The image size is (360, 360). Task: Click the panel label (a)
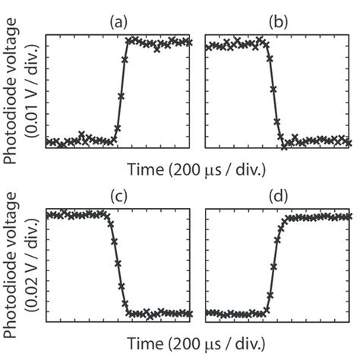[120, 24]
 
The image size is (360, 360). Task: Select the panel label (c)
[120, 196]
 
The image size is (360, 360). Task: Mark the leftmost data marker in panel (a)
[49, 142]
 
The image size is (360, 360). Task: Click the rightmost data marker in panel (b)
[349, 141]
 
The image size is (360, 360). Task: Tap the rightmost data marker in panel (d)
[349, 216]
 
